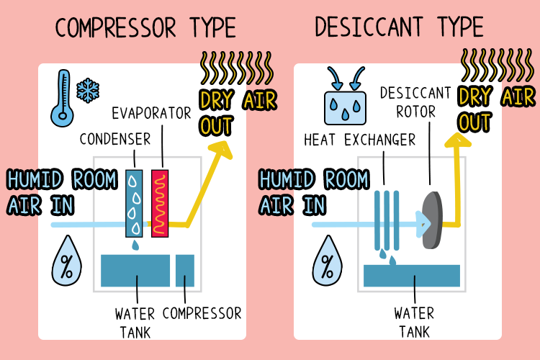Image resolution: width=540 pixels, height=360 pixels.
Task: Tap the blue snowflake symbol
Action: pyautogui.click(x=88, y=89)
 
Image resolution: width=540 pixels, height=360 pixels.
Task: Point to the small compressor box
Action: pyautogui.click(x=185, y=270)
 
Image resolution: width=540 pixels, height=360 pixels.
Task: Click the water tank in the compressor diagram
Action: pyautogui.click(x=135, y=270)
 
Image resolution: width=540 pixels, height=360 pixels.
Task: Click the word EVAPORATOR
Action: pyautogui.click(x=152, y=113)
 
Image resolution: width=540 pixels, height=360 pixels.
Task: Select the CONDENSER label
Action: pyautogui.click(x=116, y=138)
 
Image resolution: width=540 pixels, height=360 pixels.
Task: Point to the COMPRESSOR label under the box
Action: pyautogui.click(x=202, y=314)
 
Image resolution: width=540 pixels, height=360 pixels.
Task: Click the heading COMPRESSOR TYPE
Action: pyautogui.click(x=145, y=28)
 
